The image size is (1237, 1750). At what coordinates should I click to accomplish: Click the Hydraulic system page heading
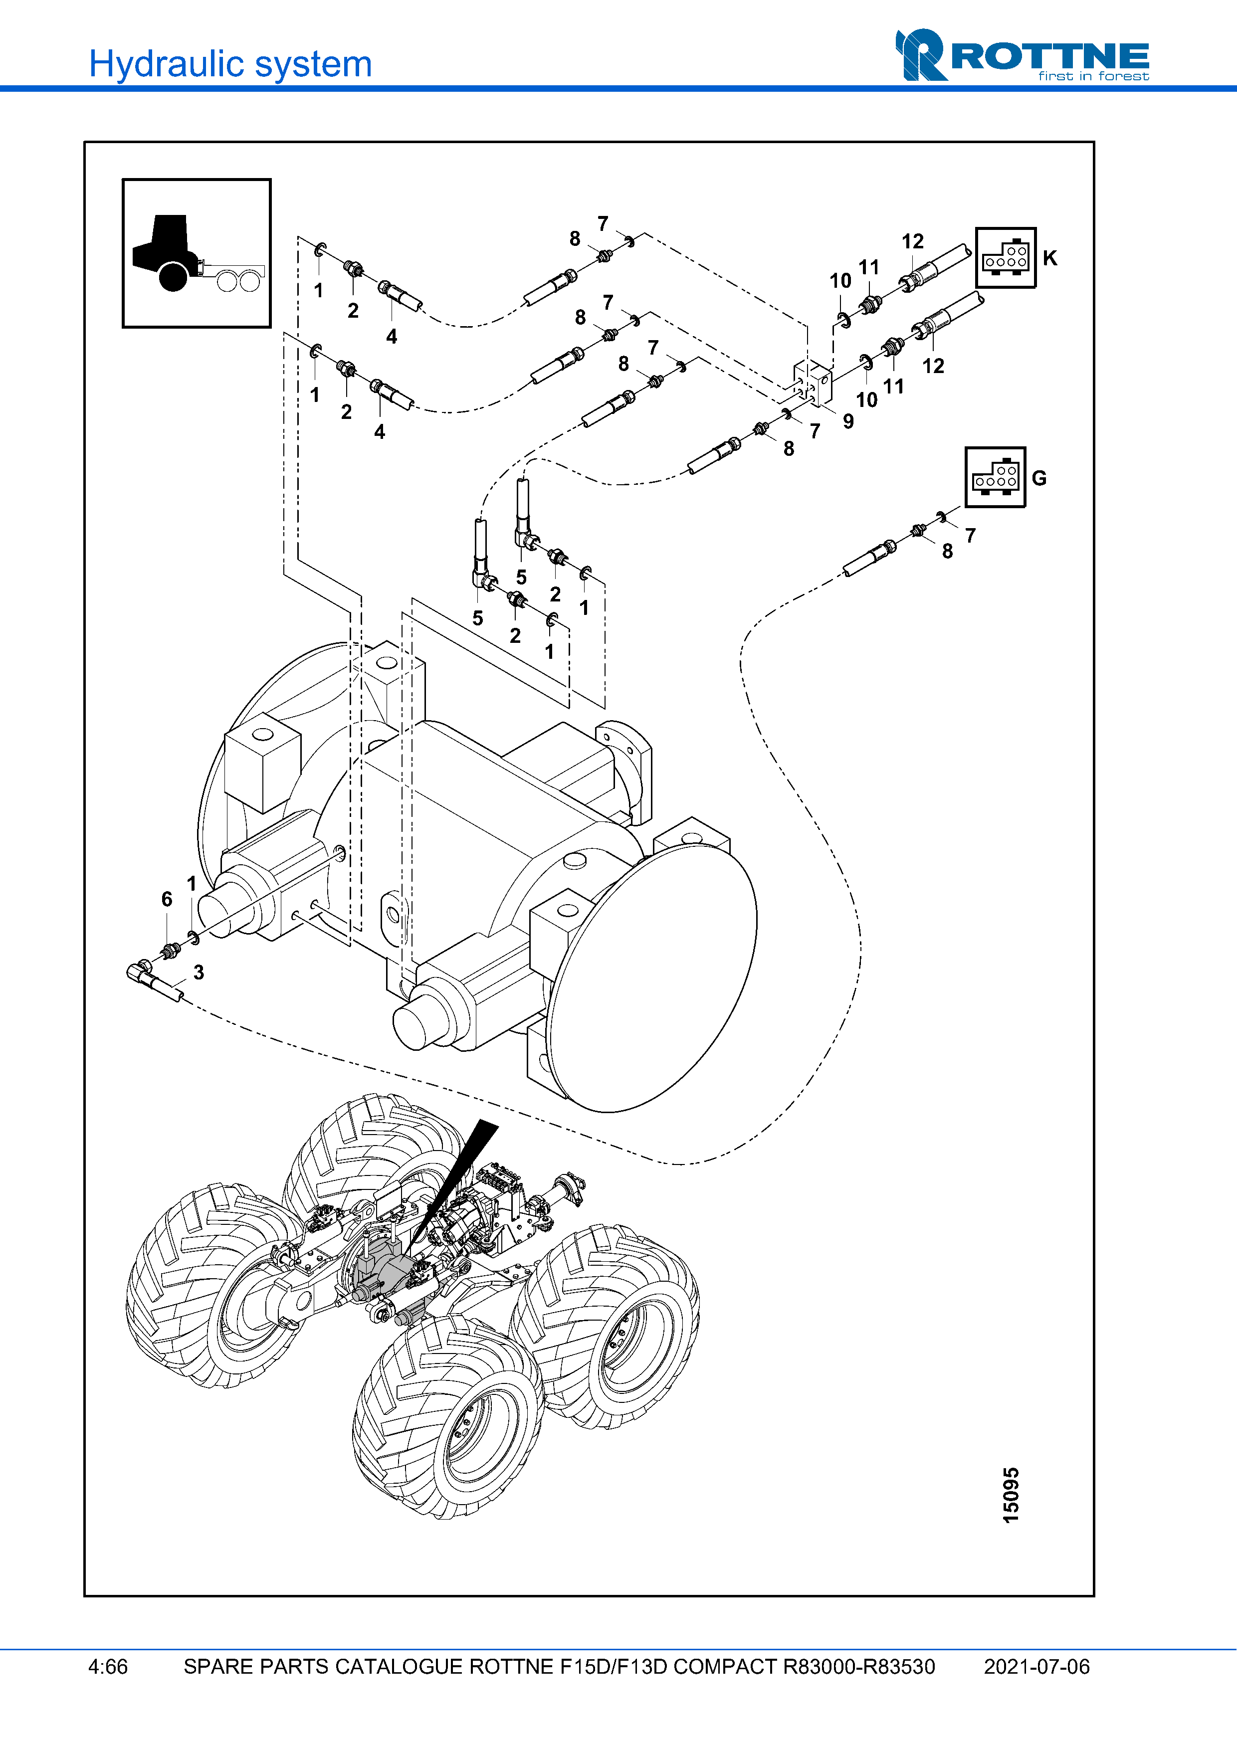(230, 64)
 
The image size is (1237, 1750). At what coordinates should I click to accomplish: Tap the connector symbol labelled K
(1005, 258)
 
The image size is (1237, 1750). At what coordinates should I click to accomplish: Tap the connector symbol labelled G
(995, 477)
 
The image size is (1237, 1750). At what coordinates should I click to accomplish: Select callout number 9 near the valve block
(848, 421)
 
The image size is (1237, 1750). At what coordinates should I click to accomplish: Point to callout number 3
(198, 972)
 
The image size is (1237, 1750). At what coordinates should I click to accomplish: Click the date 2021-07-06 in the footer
(1036, 1667)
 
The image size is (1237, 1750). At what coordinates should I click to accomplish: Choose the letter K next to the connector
(1049, 258)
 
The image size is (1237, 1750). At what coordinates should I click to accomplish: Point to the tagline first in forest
(1093, 76)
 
